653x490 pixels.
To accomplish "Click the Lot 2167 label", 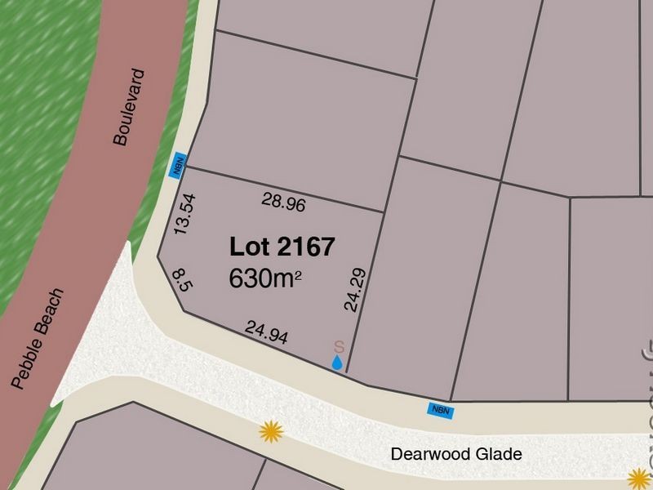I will pos(282,247).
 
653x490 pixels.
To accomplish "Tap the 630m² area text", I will pos(266,278).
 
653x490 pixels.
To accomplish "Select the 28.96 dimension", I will pos(284,202).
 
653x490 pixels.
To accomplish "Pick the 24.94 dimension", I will pos(267,332).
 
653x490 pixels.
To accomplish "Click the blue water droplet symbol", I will pos(337,363).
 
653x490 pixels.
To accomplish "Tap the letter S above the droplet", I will pos(340,346).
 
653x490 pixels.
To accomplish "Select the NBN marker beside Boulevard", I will pos(177,165).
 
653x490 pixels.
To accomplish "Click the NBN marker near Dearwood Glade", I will pos(439,411).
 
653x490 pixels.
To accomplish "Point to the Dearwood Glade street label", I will pos(455,454).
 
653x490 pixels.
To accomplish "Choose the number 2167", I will pos(303,247).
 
